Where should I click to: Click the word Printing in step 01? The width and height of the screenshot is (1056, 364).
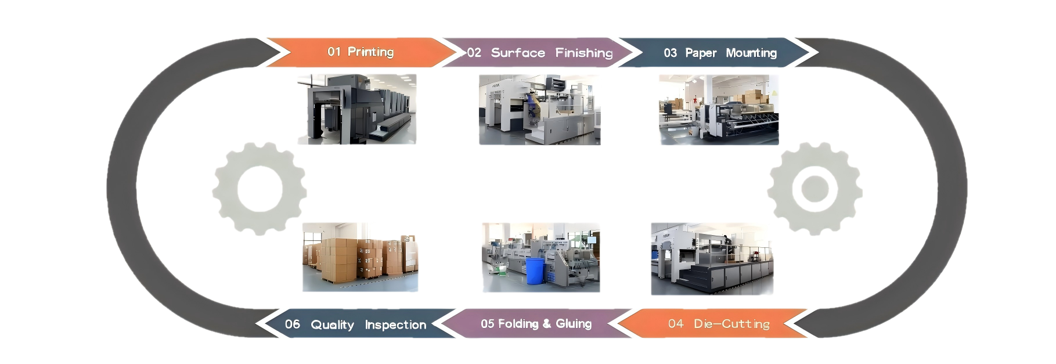[370, 52]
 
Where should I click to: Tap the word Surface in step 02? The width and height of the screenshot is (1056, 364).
[518, 53]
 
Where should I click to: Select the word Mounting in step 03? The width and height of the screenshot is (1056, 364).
[751, 53]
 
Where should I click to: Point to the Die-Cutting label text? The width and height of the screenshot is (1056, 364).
[731, 324]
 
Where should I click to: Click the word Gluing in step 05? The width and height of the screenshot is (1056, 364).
[574, 323]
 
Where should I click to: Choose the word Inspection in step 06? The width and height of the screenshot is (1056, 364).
[395, 325]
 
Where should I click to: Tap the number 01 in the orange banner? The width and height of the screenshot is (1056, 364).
[334, 52]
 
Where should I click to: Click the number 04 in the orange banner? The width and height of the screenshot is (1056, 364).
[675, 324]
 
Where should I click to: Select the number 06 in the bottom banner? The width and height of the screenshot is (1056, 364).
[293, 324]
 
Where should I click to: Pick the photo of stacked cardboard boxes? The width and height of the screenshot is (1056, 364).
[360, 257]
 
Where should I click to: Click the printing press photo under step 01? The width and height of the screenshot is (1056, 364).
[356, 109]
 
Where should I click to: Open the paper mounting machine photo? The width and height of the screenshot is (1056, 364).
[718, 109]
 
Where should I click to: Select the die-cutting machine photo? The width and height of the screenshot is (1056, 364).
[712, 258]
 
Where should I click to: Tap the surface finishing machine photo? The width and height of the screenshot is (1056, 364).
[539, 109]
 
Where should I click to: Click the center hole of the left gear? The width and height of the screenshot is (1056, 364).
[260, 189]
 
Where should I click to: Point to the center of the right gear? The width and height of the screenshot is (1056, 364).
[814, 189]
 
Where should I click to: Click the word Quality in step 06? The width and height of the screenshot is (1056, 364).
[332, 325]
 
